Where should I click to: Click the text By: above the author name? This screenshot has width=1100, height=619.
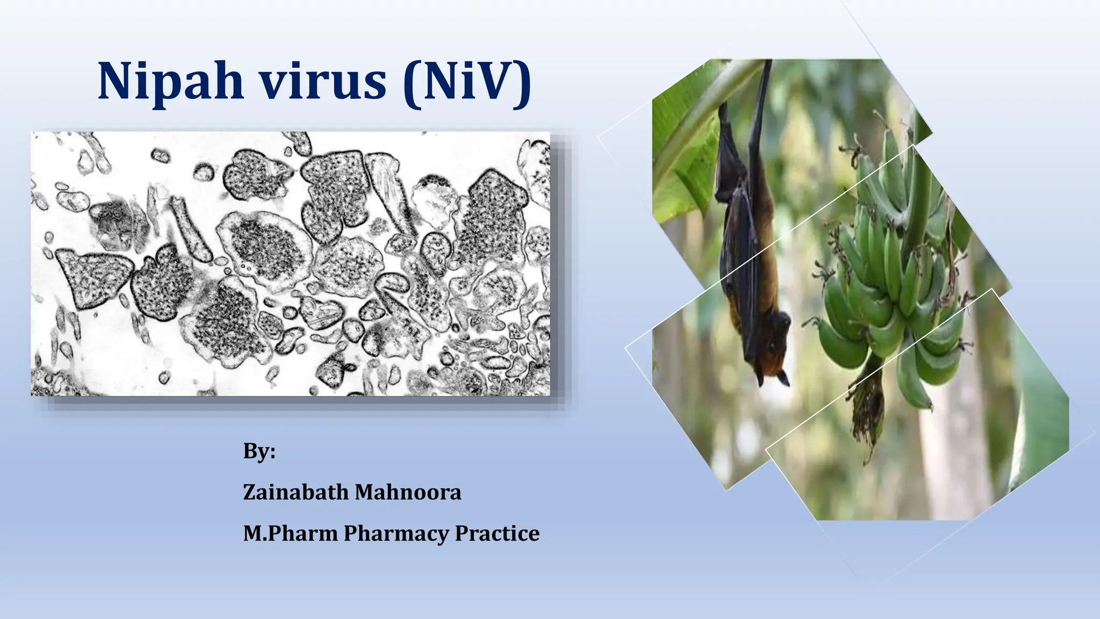259,451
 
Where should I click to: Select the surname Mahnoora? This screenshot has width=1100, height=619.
408,492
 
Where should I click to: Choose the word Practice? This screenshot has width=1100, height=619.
497,533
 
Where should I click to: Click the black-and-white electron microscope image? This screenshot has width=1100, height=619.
290,263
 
